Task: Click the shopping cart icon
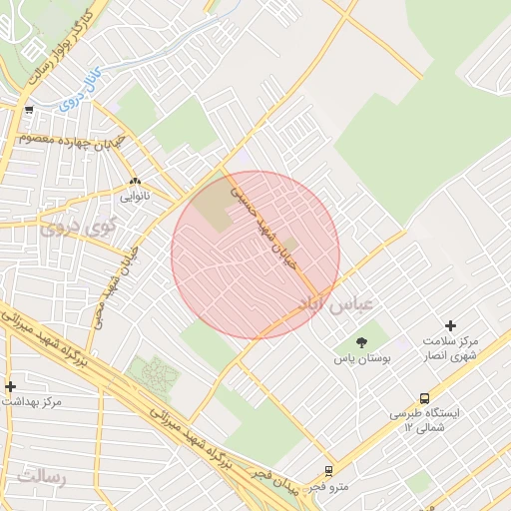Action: (x=29, y=111)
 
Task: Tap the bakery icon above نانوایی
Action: (x=135, y=182)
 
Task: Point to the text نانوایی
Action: (x=135, y=197)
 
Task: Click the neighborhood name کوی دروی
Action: (x=79, y=229)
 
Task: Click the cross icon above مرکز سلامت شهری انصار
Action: (x=450, y=325)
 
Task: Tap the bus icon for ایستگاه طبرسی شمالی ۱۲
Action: (x=425, y=398)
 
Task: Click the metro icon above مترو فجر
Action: (x=328, y=471)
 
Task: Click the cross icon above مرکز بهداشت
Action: (x=10, y=386)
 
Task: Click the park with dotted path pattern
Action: (x=154, y=376)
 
